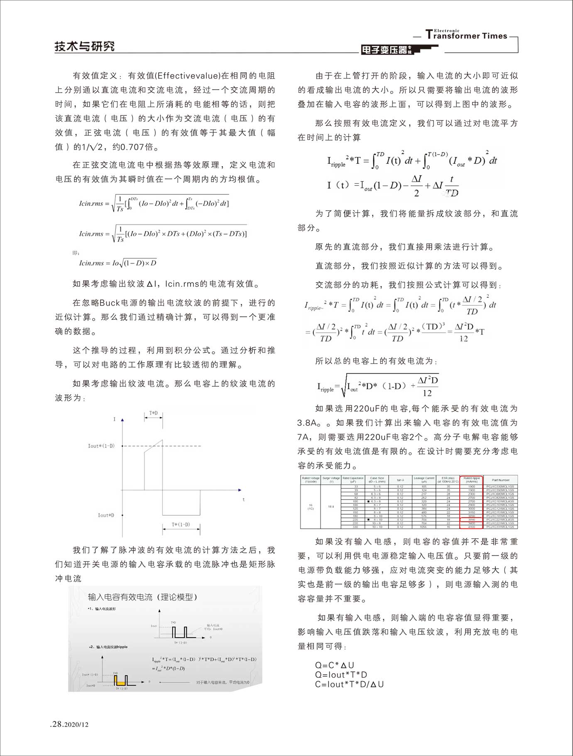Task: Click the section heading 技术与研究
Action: (85, 46)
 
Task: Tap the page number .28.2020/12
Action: (69, 724)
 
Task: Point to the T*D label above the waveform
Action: (153, 413)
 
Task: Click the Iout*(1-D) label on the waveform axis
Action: (101, 446)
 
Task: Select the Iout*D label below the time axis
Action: (106, 515)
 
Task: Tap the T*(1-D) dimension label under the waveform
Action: (181, 525)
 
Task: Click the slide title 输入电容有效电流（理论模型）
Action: (142, 597)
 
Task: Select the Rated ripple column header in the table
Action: (472, 480)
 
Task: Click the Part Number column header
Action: (500, 480)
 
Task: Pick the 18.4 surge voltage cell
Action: (331, 507)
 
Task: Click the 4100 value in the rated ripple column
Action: (472, 527)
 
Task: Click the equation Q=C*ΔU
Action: (334, 665)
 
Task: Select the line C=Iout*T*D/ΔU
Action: (349, 684)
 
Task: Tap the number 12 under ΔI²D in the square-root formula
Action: (427, 393)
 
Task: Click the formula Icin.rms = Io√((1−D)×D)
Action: (118, 263)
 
